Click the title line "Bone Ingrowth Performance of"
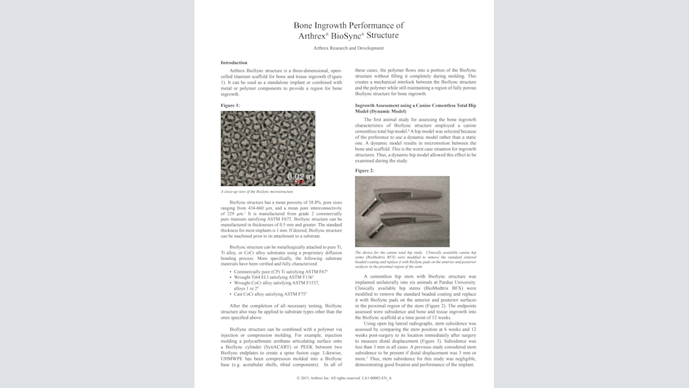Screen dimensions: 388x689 click(349, 25)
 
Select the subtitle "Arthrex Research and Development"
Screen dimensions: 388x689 click(349, 48)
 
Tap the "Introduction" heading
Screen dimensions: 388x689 click(233, 63)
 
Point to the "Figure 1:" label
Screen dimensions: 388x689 click(230, 106)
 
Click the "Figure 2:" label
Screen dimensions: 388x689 click(365, 170)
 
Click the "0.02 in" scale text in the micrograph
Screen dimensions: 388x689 click(300, 177)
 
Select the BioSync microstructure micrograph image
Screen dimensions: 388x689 click(268, 148)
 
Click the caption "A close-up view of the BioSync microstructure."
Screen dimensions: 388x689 click(258, 191)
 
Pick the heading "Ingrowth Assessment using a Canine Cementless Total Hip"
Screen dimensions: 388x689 click(415, 106)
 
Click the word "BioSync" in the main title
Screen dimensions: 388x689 click(348, 36)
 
